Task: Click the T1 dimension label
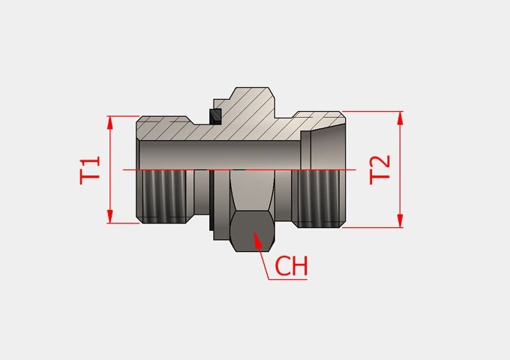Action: (x=90, y=170)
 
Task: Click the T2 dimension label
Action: (x=379, y=169)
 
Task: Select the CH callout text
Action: (x=292, y=265)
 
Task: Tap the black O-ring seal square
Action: (x=215, y=116)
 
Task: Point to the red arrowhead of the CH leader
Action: (x=257, y=240)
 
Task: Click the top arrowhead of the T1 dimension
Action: (x=110, y=123)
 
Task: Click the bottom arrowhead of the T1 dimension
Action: (x=110, y=216)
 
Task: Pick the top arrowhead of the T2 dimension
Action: (x=400, y=118)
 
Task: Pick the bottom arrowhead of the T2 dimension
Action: (x=400, y=220)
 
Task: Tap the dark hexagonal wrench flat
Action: (x=253, y=231)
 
